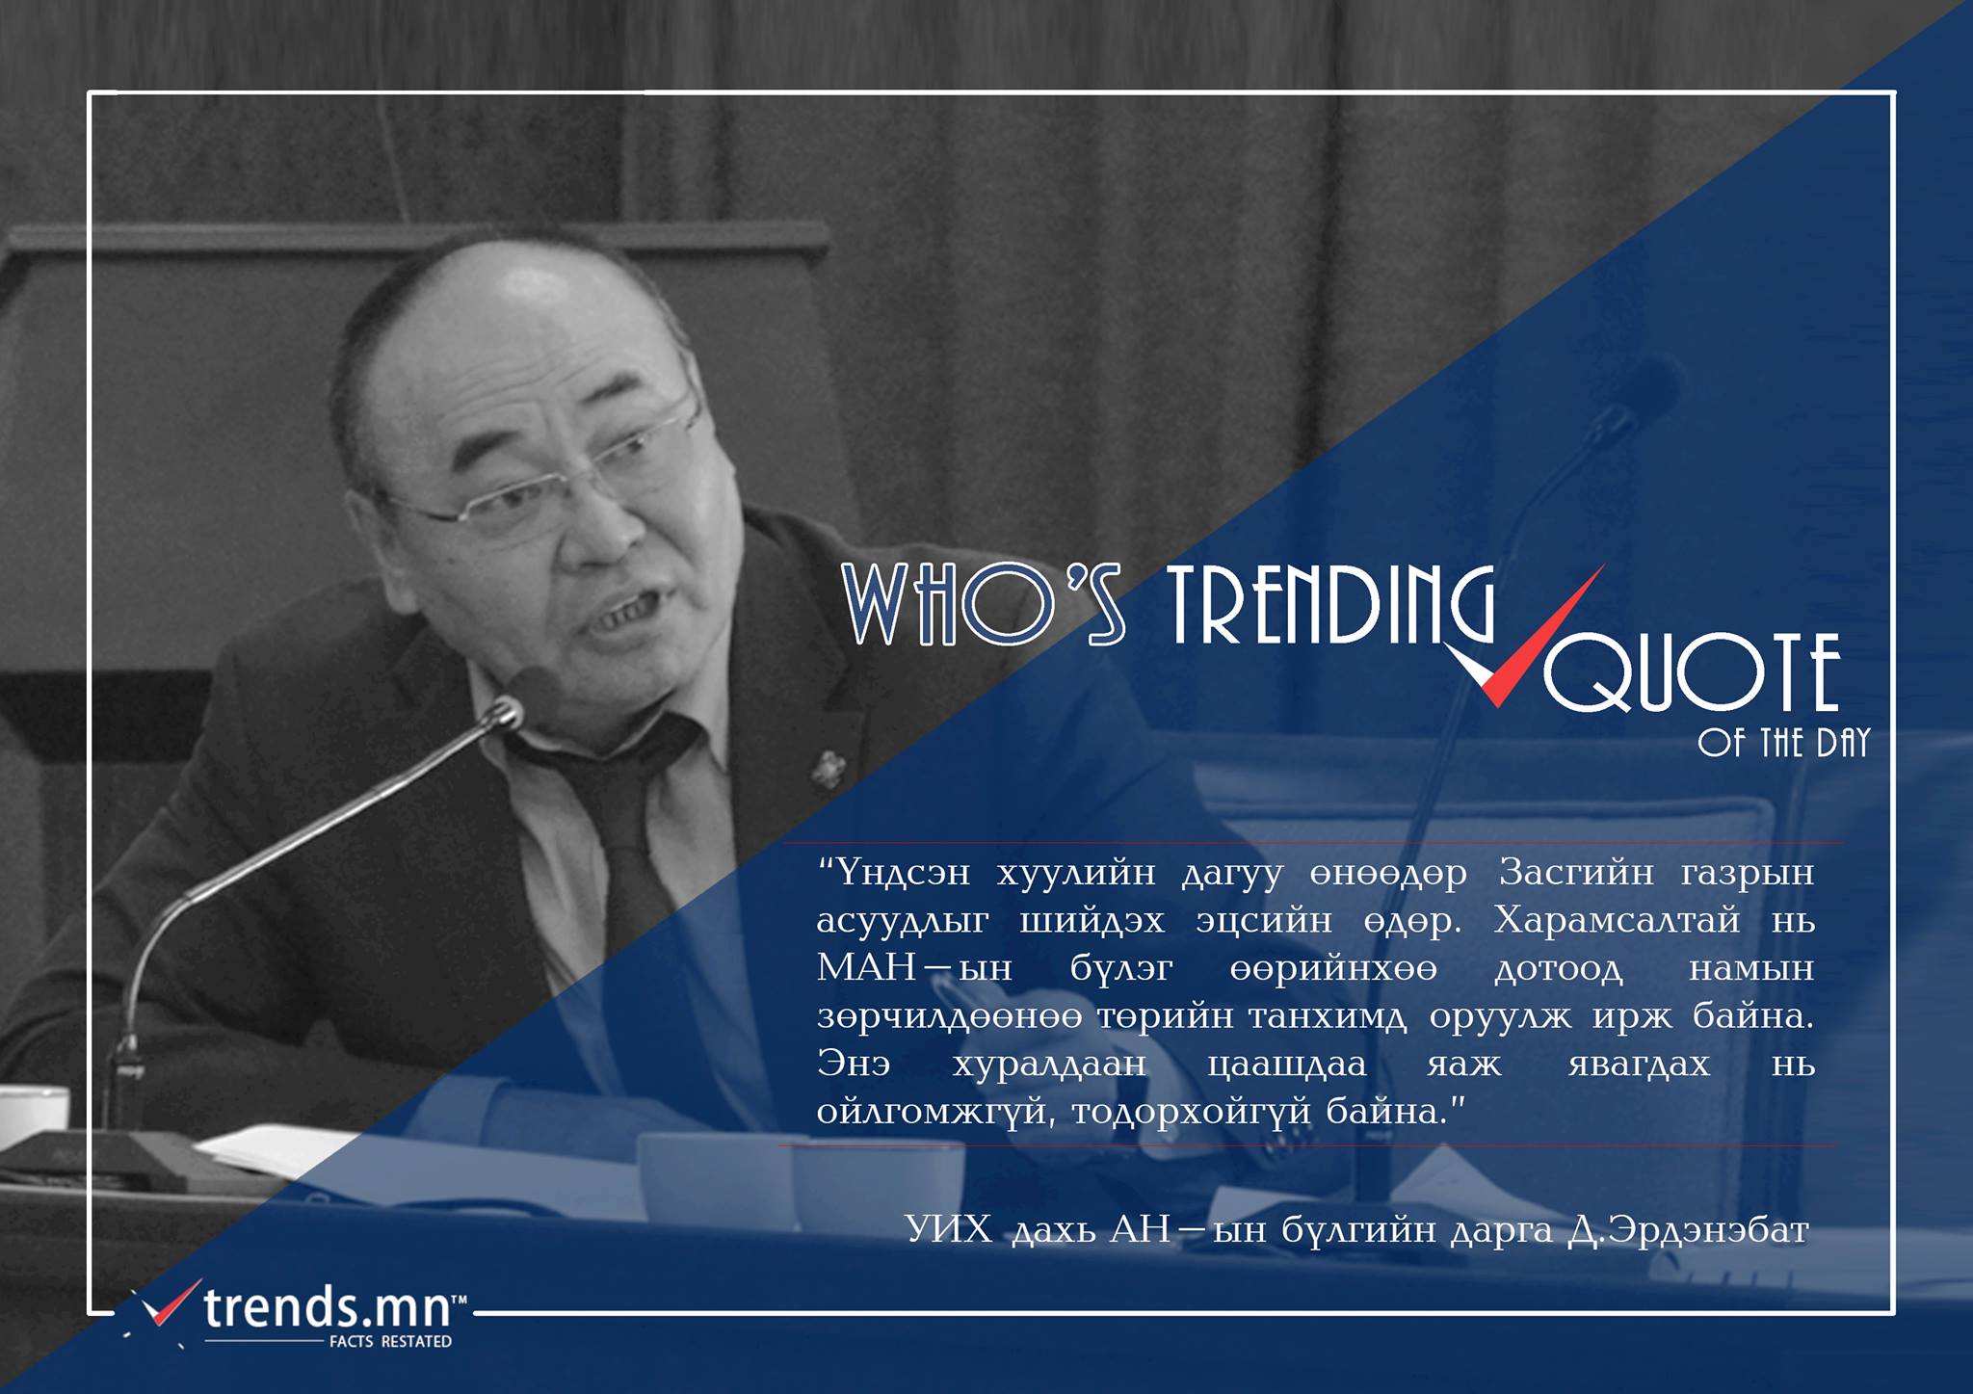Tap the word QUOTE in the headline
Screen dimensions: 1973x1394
[x=1692, y=672]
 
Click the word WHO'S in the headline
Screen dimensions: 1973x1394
[x=984, y=604]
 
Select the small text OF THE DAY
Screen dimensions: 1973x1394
[x=1784, y=743]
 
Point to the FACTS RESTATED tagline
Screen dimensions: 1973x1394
[x=390, y=1341]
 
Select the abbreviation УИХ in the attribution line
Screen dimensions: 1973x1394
[x=949, y=1230]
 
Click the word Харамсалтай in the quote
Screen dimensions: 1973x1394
[x=1617, y=921]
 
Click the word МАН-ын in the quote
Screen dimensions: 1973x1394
[x=914, y=968]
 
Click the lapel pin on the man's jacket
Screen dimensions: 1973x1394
[x=827, y=769]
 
